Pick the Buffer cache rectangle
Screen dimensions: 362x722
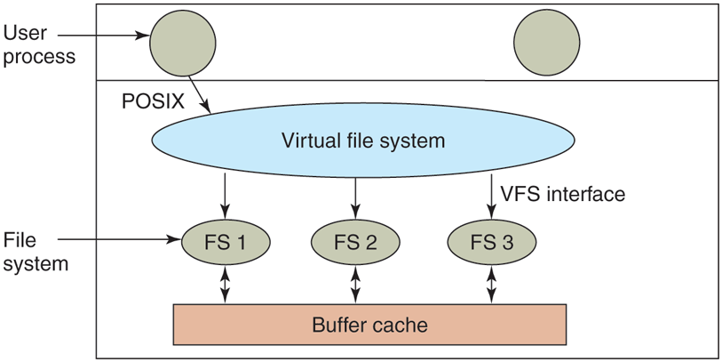coord(369,325)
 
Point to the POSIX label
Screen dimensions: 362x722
coord(153,101)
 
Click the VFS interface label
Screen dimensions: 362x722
coord(563,193)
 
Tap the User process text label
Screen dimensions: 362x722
coord(39,44)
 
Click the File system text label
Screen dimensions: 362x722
coord(36,252)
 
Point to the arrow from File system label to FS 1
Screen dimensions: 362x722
coord(121,238)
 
